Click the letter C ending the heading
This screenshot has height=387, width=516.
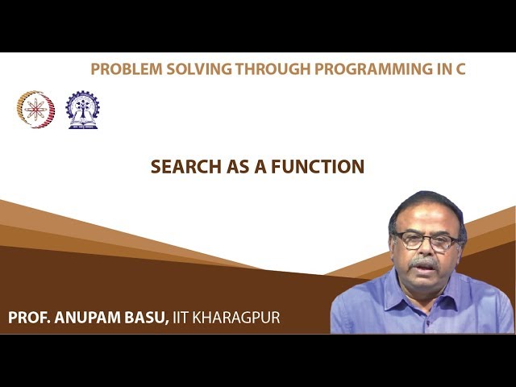click(460, 69)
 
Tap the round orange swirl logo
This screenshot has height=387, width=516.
click(35, 109)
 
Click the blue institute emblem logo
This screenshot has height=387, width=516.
click(82, 110)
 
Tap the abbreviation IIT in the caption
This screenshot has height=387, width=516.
click(183, 318)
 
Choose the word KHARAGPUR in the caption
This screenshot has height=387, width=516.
click(239, 318)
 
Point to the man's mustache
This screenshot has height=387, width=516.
click(424, 263)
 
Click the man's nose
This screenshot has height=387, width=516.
click(424, 251)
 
